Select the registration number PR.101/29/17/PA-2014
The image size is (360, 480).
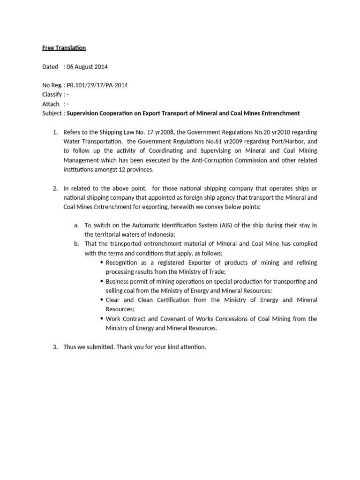(x=97, y=85)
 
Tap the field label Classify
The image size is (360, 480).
(x=52, y=95)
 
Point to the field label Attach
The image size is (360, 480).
(x=51, y=104)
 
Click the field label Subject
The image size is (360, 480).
(x=52, y=113)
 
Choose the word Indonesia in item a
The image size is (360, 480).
(x=160, y=234)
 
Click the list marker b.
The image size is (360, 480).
(x=76, y=244)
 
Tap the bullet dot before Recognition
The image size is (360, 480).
(x=102, y=262)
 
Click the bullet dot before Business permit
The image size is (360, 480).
(x=102, y=281)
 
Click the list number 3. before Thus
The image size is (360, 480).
(x=55, y=347)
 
